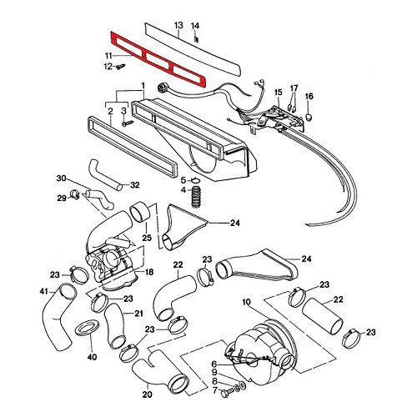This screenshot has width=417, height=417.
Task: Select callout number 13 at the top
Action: coord(178,26)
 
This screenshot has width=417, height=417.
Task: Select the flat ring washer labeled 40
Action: coord(87,329)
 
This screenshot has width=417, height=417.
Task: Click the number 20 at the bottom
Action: coord(147,395)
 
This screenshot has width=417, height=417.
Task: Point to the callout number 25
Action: coord(147,239)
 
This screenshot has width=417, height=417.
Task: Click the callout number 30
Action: coord(60,178)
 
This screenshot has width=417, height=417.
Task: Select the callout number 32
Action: coord(135,185)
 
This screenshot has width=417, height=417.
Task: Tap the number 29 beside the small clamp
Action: coord(61,198)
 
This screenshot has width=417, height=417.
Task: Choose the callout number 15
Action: coord(278,91)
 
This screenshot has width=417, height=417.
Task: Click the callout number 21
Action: coord(139,314)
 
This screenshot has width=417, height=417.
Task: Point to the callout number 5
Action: coord(183,180)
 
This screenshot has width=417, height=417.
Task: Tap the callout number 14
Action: coord(196,26)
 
